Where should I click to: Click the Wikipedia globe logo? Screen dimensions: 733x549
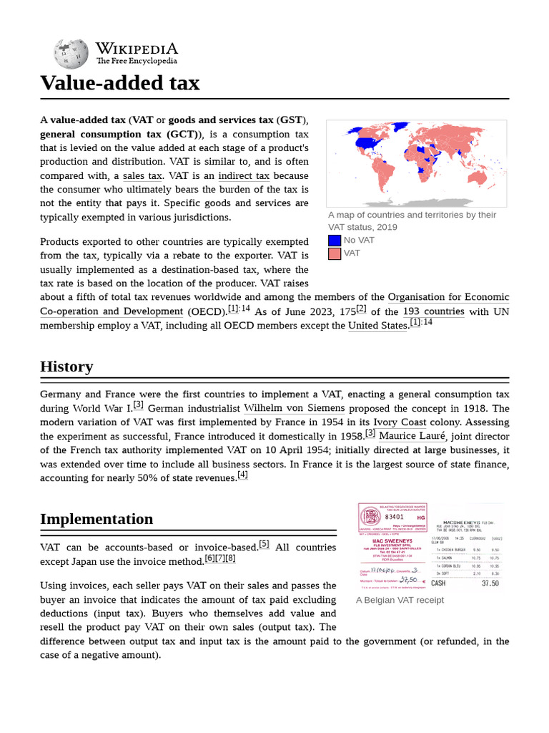click(71, 54)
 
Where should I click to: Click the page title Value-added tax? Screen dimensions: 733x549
click(119, 83)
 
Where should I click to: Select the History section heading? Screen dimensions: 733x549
click(66, 366)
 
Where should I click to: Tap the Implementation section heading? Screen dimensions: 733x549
click(97, 518)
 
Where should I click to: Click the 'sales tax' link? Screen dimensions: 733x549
click(142, 176)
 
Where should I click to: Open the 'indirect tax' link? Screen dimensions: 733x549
click(244, 176)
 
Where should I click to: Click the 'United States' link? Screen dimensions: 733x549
click(377, 326)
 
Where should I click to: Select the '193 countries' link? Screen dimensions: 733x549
click(433, 311)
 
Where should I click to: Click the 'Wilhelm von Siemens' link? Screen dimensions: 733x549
click(294, 408)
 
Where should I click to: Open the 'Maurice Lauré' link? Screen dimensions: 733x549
click(413, 436)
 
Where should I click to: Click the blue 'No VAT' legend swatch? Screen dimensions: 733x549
click(335, 241)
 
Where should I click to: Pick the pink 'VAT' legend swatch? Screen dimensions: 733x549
click(335, 253)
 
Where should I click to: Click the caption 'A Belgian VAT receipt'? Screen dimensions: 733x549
click(400, 600)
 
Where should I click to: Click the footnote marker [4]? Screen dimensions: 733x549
click(242, 475)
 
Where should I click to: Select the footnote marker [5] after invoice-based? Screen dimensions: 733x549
click(264, 544)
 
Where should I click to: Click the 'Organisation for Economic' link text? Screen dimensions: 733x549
click(448, 297)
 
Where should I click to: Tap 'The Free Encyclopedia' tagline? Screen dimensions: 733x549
click(137, 62)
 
